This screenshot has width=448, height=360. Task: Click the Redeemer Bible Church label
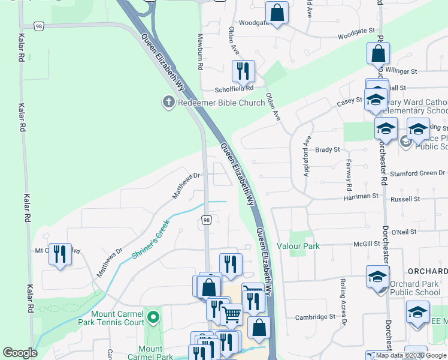pos(221,103)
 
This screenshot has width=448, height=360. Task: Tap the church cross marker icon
pos(168,103)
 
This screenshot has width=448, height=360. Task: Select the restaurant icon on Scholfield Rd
pos(243,71)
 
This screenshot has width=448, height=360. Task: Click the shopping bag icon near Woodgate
pos(277,13)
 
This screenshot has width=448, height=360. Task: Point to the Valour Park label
pos(298,246)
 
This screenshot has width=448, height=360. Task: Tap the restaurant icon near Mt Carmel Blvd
pos(60,254)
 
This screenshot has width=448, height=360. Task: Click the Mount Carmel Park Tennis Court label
pos(118,318)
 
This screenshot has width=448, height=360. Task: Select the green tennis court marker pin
pos(154,316)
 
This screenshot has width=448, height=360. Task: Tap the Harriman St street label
pos(361,196)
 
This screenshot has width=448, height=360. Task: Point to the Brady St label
pos(328,149)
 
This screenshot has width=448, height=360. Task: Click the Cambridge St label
pos(315,317)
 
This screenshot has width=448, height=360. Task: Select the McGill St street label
pos(367,244)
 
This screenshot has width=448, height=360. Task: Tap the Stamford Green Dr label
pos(417,173)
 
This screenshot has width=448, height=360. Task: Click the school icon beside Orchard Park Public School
pos(377,277)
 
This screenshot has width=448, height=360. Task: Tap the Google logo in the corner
pos(20,353)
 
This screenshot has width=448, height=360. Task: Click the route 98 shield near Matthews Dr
pos(205,221)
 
